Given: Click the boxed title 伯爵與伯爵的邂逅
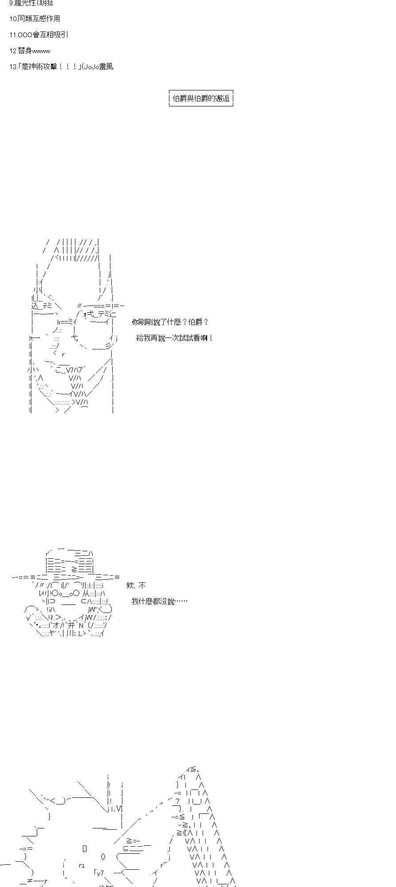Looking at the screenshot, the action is click(201, 98).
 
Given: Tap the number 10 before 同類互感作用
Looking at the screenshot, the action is click(13, 19).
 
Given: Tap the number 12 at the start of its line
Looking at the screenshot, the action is click(13, 51).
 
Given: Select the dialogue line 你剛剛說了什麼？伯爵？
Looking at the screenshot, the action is click(170, 322).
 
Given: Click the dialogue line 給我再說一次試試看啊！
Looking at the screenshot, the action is click(175, 338).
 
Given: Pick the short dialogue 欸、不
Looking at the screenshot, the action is click(136, 585).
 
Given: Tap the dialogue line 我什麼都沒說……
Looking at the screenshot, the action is click(159, 601).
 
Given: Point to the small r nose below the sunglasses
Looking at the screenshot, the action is click(63, 354).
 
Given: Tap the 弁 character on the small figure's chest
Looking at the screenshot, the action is click(72, 625).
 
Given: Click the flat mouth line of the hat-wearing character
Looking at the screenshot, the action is click(68, 602).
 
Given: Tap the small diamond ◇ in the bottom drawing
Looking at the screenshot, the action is click(103, 856).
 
